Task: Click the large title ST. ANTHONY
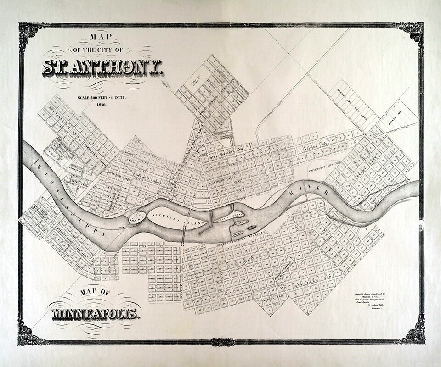pos(102,68)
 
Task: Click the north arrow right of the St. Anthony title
pos(165,84)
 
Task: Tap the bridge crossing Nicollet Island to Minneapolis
pos(184,238)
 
